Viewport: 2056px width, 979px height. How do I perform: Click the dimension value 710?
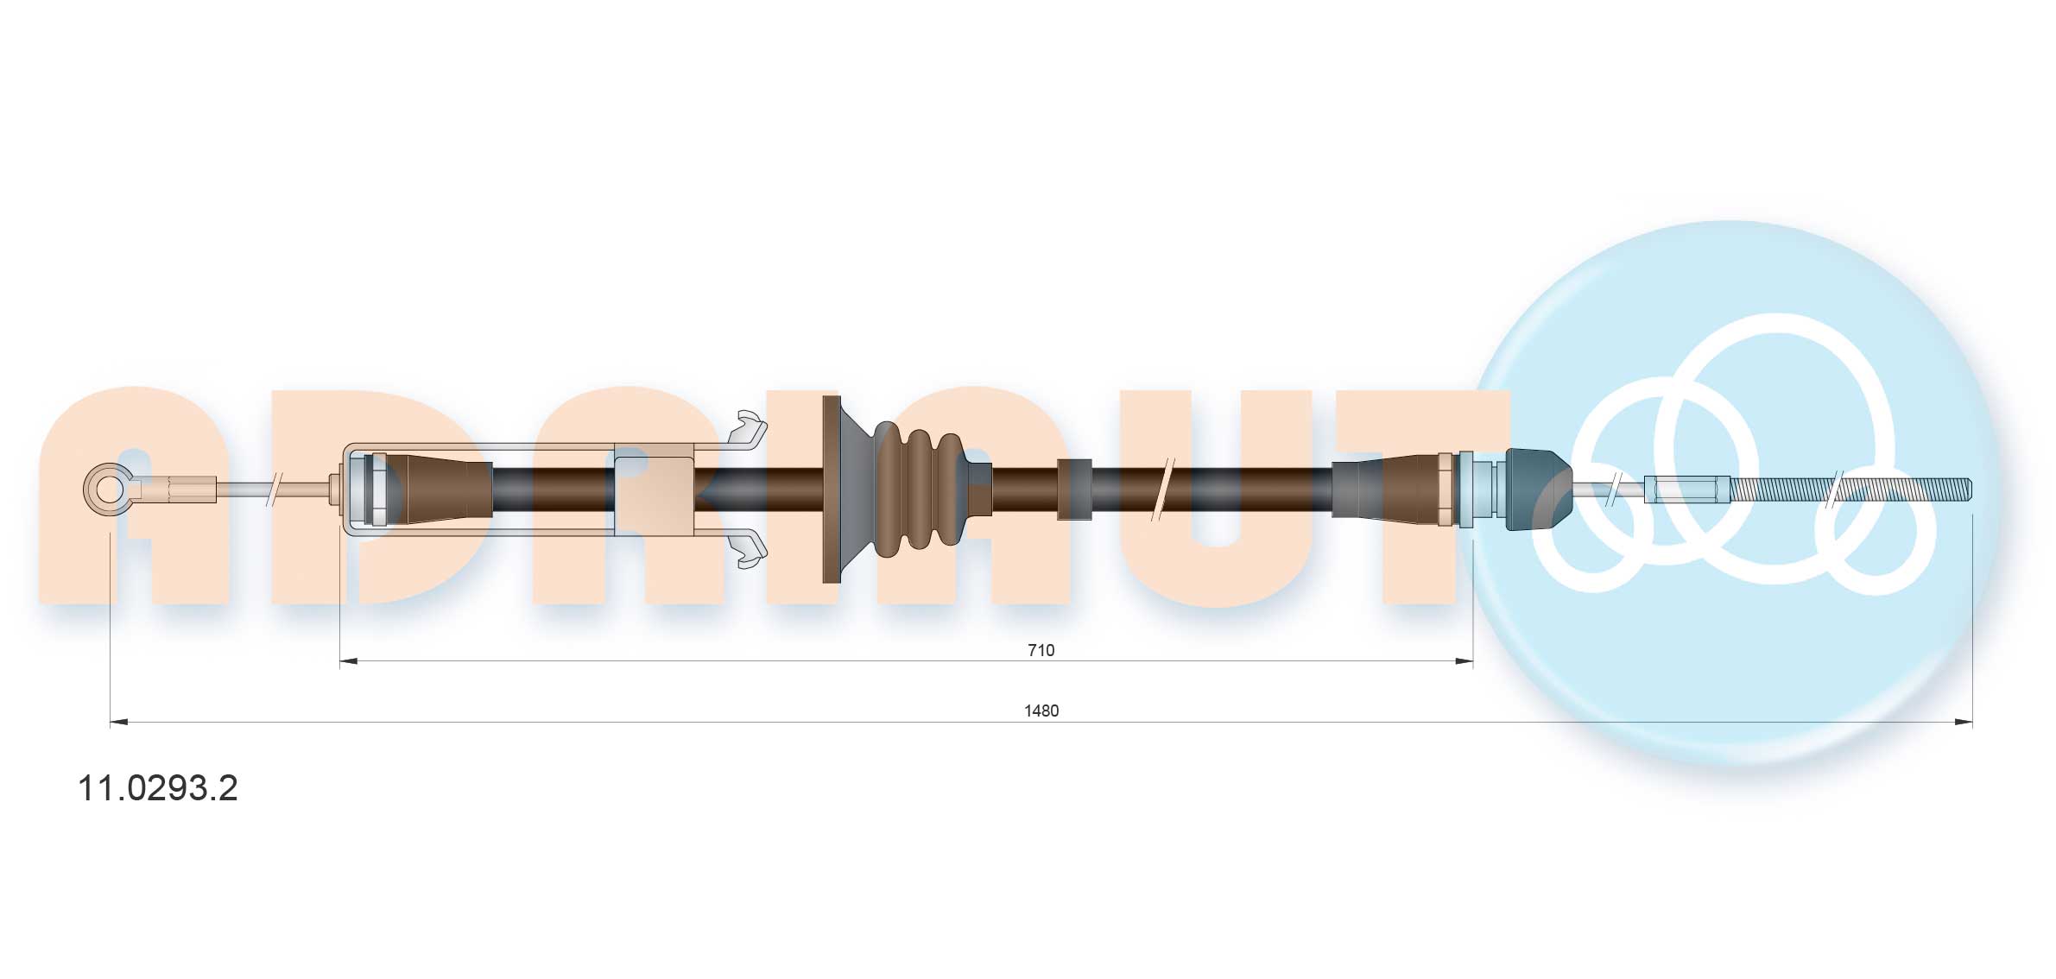[1041, 650]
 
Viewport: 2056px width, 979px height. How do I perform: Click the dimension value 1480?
[1041, 711]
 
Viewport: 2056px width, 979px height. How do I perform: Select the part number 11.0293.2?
[158, 788]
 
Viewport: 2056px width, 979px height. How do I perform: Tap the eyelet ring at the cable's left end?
[109, 489]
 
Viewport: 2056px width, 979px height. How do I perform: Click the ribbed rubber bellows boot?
[933, 489]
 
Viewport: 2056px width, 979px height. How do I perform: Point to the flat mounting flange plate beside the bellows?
[832, 489]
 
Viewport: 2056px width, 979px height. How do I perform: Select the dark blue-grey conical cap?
[1537, 489]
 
